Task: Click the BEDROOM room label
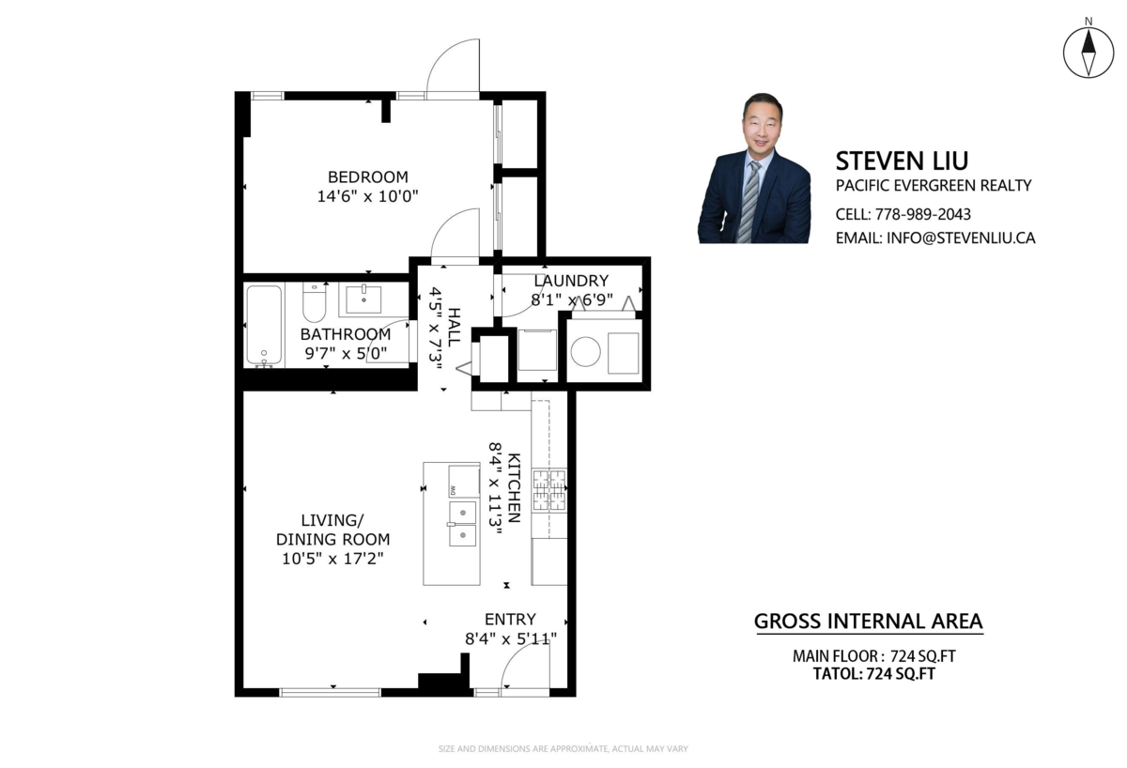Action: (368, 177)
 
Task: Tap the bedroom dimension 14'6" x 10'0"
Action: (368, 196)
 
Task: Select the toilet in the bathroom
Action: (315, 302)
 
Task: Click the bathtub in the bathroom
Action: (264, 325)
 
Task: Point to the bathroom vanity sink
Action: (363, 300)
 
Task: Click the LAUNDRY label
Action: (571, 281)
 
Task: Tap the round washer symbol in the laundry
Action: (586, 351)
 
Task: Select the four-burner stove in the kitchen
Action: (549, 490)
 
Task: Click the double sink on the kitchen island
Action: (463, 524)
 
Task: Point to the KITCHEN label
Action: (514, 488)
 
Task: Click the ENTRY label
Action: (510, 619)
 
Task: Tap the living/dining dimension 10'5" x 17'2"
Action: (332, 559)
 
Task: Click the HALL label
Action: (454, 327)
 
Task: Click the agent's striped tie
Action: (749, 201)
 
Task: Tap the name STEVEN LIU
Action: (902, 161)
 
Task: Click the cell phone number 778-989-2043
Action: (922, 214)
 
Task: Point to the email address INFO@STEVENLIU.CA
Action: (961, 238)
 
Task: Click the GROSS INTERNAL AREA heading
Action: (869, 622)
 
